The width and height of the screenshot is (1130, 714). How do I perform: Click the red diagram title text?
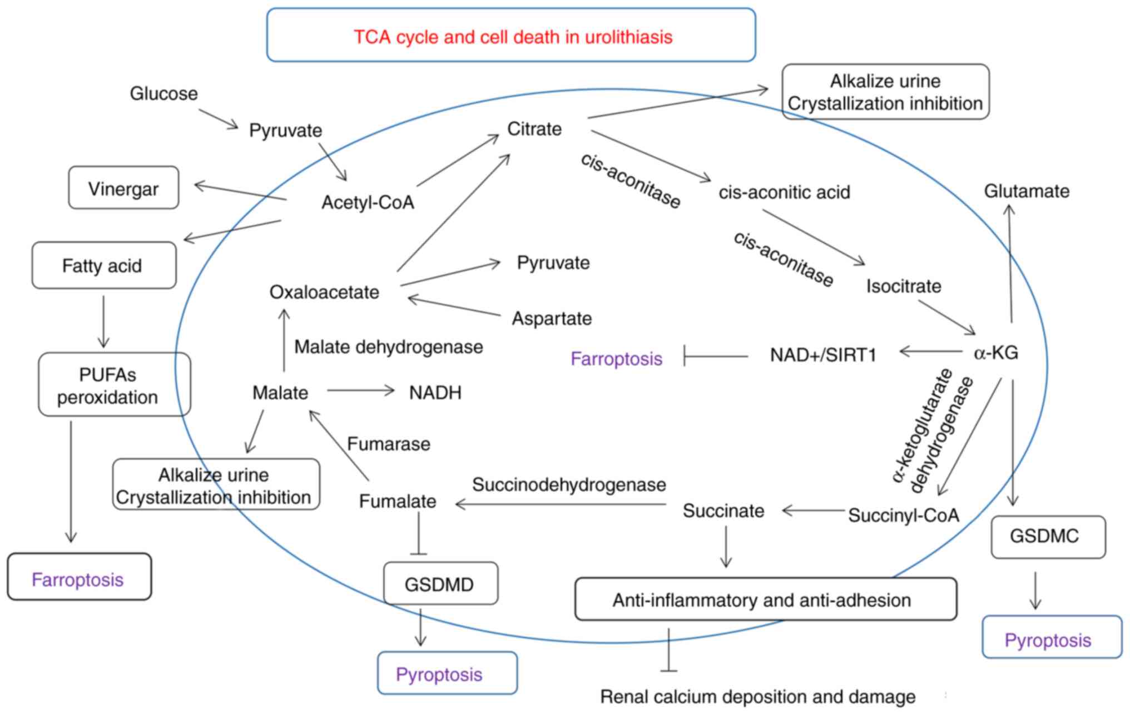513,37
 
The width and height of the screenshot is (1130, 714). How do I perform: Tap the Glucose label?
163,93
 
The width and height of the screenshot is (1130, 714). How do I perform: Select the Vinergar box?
123,189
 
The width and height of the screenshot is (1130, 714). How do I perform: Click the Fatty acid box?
103,266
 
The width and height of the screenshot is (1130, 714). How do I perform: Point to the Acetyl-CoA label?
368,202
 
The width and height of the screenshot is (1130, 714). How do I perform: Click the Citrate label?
534,129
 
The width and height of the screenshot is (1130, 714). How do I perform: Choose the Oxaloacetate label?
324,292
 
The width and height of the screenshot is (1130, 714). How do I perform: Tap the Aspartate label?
552,319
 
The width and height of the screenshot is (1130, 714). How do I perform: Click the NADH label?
435,393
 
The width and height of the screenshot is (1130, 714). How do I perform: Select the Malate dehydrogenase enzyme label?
388,347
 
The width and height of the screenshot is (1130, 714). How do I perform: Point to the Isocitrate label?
904,286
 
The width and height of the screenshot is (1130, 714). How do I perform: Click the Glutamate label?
1027,191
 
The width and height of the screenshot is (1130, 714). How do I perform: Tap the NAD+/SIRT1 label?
823,355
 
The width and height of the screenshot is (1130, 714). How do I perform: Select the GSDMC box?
1048,537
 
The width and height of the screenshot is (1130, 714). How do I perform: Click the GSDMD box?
440,584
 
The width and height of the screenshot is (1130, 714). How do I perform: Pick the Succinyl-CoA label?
903,515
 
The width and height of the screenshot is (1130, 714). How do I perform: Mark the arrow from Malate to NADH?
360,391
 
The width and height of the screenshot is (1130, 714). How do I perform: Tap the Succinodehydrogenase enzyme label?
569,485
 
